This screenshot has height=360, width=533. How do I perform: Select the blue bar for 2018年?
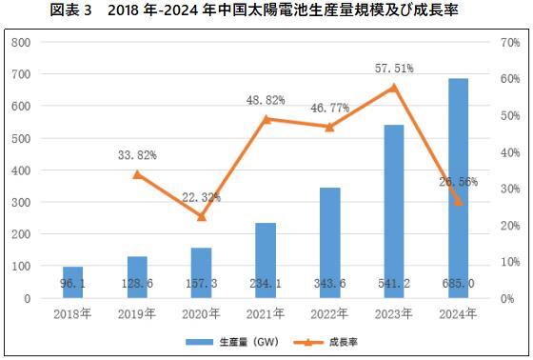(72, 282)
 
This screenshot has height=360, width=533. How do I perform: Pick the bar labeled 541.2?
(394, 210)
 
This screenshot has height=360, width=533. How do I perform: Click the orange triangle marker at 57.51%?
(394, 88)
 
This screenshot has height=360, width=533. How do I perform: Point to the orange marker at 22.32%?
(201, 216)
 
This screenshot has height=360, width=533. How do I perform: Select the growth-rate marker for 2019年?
(137, 174)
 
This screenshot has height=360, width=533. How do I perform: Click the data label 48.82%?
(266, 100)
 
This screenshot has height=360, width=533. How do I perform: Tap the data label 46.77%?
(330, 110)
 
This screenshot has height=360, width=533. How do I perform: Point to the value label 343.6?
(330, 284)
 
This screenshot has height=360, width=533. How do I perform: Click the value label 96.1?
(72, 284)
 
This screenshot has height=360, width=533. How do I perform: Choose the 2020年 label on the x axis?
(201, 311)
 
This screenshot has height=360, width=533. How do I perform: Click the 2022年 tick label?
(330, 311)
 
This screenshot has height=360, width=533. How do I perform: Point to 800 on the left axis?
(22, 43)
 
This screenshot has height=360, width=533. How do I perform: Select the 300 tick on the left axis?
(22, 203)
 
